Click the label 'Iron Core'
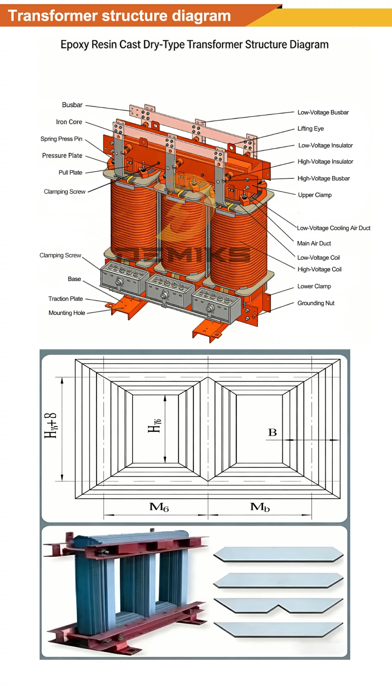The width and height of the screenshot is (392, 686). pos(69,122)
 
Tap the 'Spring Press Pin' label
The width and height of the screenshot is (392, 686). pos(61,139)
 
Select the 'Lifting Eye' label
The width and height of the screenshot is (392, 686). pos(311,129)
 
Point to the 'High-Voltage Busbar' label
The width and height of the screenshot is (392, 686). pos(324,179)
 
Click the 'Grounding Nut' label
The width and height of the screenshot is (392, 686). pos(316,303)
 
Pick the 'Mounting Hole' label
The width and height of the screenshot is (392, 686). pos(67,313)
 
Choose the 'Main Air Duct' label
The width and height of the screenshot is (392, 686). pos(314,244)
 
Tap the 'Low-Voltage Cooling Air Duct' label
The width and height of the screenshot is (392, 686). pos(334,228)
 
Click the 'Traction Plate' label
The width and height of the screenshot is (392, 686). pos(65,299)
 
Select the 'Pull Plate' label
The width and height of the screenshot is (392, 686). pos(70,173)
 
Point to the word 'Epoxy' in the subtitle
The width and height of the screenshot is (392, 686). pos(75,45)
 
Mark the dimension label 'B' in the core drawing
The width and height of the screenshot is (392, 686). pos(273,432)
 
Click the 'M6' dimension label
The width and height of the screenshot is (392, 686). pos(159,507)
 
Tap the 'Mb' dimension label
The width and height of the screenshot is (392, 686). pos(260,507)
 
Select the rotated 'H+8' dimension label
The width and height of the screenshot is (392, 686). pos(50,426)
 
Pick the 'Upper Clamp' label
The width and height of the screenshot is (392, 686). pos(315,195)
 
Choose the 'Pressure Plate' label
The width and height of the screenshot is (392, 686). pos(62,156)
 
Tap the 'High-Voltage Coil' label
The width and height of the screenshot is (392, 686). pos(320,269)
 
